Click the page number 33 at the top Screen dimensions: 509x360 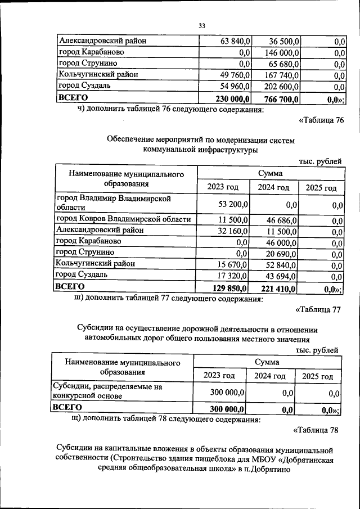coord(202,25)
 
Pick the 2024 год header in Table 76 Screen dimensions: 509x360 coord(273,187)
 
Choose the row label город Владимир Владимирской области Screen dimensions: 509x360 coord(112,203)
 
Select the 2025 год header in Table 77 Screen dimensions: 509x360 coord(317,376)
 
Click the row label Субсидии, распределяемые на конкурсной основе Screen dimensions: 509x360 coord(107,392)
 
